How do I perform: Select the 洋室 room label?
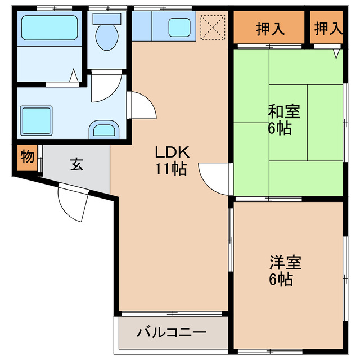point(285,263)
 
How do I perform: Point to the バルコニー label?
point(172,332)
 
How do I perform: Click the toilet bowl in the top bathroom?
point(106,35)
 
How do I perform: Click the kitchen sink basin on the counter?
point(180,26)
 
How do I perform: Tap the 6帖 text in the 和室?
point(280,128)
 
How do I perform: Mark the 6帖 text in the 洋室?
point(281,279)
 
